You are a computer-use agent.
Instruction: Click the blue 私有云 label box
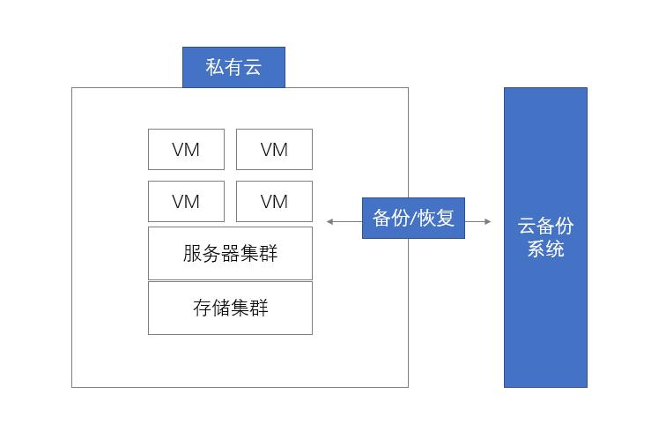tap(233, 67)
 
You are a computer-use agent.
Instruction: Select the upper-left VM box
tap(186, 149)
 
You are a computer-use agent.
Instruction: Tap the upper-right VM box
tap(274, 149)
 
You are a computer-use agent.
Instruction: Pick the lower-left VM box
tap(186, 201)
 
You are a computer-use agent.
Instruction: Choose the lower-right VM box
tap(274, 201)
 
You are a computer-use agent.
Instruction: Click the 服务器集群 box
tap(230, 253)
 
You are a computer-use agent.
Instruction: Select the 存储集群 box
tap(230, 308)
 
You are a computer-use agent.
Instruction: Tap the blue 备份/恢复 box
tap(413, 218)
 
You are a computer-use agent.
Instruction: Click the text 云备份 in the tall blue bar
tap(545, 226)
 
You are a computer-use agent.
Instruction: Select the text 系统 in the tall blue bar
tap(545, 249)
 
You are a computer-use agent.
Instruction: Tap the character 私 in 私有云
tap(215, 67)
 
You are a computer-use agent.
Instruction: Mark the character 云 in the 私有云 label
tap(253, 67)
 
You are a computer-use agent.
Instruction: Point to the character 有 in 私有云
tap(233, 67)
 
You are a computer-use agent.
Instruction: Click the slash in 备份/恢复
tap(413, 219)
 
